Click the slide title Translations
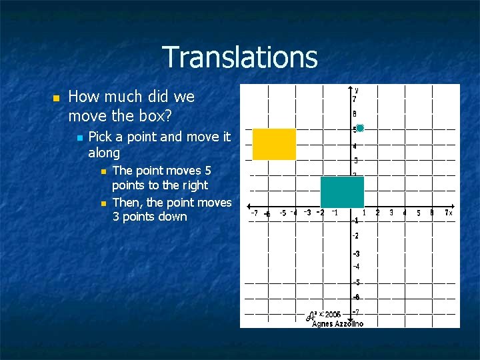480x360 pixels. coord(239,57)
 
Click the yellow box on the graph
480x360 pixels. coord(274,144)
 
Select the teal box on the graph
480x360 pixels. coord(342,192)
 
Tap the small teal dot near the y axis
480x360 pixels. coord(360,127)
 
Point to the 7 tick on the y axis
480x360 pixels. coord(355,99)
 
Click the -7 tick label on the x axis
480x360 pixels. coord(254,213)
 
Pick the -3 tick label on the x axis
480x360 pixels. coord(307,213)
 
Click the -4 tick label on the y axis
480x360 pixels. coord(356,267)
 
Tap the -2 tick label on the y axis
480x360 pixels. coord(356,236)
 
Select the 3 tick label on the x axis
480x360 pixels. coord(391,213)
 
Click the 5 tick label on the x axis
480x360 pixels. coord(419,213)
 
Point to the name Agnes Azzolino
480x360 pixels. coord(337,323)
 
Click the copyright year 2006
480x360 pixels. coord(333,314)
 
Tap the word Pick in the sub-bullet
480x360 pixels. coord(100,137)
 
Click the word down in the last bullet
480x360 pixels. coord(173,217)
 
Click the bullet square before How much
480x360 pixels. coord(55,98)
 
